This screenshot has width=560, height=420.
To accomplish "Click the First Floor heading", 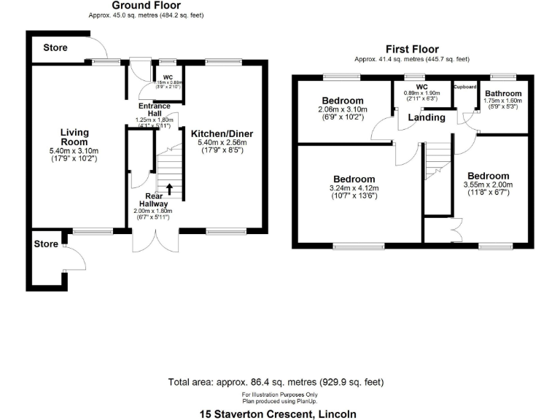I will click(x=411, y=49).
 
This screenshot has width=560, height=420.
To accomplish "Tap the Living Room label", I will click(x=74, y=136).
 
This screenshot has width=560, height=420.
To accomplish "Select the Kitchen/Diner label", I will click(x=219, y=133).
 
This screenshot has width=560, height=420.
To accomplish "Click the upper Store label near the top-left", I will click(x=55, y=48).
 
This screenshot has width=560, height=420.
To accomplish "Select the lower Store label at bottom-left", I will click(x=46, y=244).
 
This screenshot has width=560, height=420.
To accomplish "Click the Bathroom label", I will click(x=504, y=94).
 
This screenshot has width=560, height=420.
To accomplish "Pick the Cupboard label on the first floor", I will click(x=464, y=87).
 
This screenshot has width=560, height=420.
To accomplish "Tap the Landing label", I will click(x=427, y=117).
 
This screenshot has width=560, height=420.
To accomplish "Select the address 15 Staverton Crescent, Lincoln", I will click(x=279, y=413).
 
